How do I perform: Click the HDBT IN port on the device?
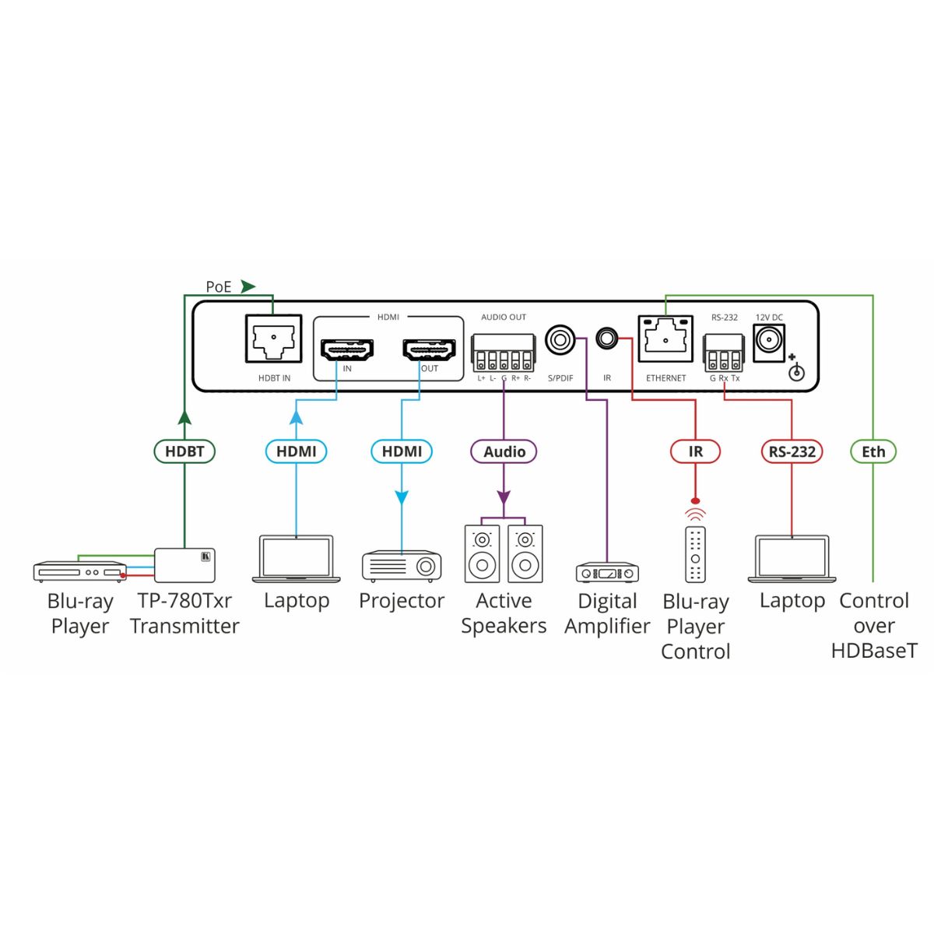(273, 339)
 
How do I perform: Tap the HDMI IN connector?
(346, 350)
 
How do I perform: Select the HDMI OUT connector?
(429, 350)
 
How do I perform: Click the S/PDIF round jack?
(560, 339)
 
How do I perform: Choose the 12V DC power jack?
(769, 341)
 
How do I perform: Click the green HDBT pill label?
(184, 451)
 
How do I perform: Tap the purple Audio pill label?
(504, 451)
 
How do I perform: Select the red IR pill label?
(695, 451)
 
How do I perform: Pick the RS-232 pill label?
(792, 451)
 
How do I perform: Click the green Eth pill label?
(873, 451)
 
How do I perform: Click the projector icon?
(402, 566)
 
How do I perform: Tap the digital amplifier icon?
(607, 573)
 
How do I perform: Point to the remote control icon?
(695, 554)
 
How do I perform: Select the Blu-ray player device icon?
(79, 571)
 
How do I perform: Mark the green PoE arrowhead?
(248, 286)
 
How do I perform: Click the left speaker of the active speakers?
(482, 554)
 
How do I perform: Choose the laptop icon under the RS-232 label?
(792, 559)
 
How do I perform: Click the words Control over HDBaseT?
(874, 626)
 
